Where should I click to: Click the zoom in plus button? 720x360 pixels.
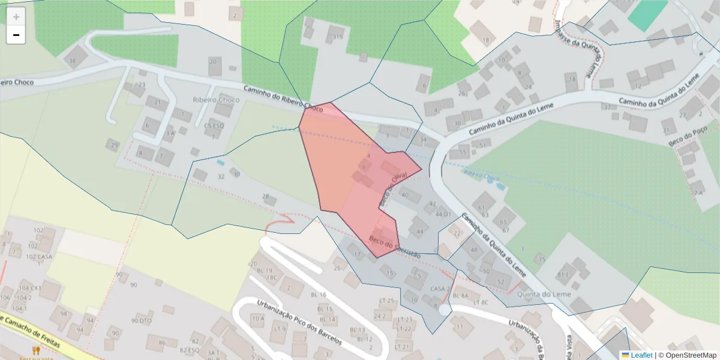point(16,17)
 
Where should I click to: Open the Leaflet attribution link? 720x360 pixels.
point(641,355)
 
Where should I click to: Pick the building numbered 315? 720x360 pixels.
point(338,37)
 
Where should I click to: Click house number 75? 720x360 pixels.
point(542,259)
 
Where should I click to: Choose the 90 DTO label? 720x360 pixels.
point(141,321)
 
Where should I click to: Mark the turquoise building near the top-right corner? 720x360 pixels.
point(647,14)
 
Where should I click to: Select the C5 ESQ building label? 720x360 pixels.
point(214,126)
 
